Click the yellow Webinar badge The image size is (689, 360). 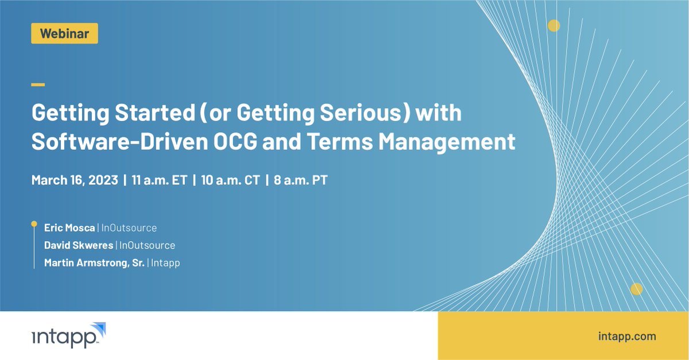coord(64,33)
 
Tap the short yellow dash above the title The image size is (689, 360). coord(38,84)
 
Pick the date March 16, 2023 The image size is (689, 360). coord(74,180)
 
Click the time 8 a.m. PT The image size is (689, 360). coord(301,180)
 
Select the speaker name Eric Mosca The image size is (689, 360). coord(69,228)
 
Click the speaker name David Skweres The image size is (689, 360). coord(79,245)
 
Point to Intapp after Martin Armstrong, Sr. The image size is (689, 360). coord(166,263)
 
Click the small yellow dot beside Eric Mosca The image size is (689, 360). coord(34,223)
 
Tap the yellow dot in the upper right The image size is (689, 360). coord(553,25)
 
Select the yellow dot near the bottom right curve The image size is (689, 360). coord(636,289)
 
